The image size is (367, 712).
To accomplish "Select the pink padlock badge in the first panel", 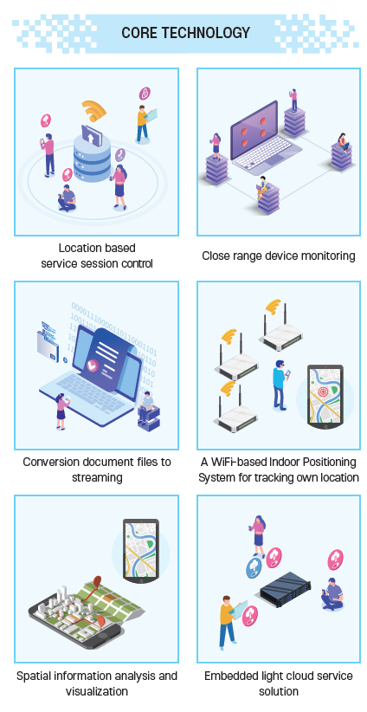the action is click(x=145, y=94).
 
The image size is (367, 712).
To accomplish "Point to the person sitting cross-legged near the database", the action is click(x=68, y=198).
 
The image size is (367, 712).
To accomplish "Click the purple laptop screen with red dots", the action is click(x=254, y=129).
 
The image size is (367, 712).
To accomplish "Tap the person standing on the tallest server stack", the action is click(x=293, y=100).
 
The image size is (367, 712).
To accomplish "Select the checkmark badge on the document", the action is click(x=92, y=364).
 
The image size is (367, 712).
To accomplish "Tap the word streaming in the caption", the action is click(x=97, y=477).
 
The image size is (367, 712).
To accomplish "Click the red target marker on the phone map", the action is click(x=323, y=391).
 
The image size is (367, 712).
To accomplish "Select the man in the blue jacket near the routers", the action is click(x=280, y=385).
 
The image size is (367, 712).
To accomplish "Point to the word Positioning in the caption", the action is click(x=328, y=463).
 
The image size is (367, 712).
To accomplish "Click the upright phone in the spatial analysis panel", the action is click(x=140, y=550).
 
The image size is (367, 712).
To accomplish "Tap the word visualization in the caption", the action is click(x=97, y=691).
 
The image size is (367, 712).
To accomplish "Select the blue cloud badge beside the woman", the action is click(x=254, y=568).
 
